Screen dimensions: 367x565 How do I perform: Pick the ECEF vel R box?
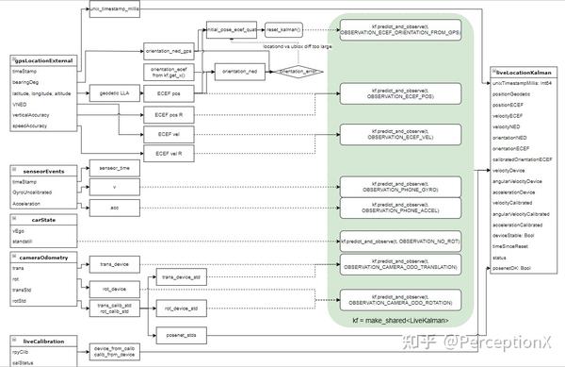point(169,153)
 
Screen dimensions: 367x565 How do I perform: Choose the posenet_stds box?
point(174,334)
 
